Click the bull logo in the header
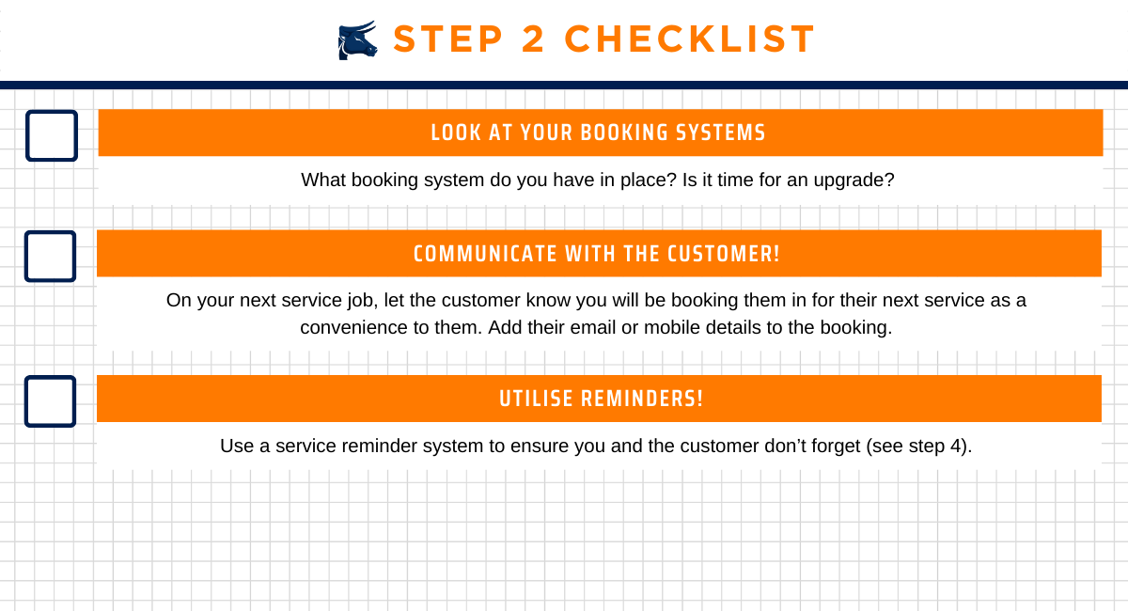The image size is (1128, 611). click(357, 40)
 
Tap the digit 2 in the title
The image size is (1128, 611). click(534, 39)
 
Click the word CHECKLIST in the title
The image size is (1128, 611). click(689, 39)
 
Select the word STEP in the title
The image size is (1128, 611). click(447, 39)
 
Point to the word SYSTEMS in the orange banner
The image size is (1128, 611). click(720, 133)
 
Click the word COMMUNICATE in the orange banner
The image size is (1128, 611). click(485, 254)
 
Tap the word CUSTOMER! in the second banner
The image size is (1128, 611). click(724, 254)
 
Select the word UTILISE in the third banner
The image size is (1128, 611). click(536, 399)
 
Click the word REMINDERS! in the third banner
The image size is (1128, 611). click(642, 399)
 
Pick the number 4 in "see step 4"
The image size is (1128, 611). click(956, 446)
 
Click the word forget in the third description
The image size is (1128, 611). click(838, 446)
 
